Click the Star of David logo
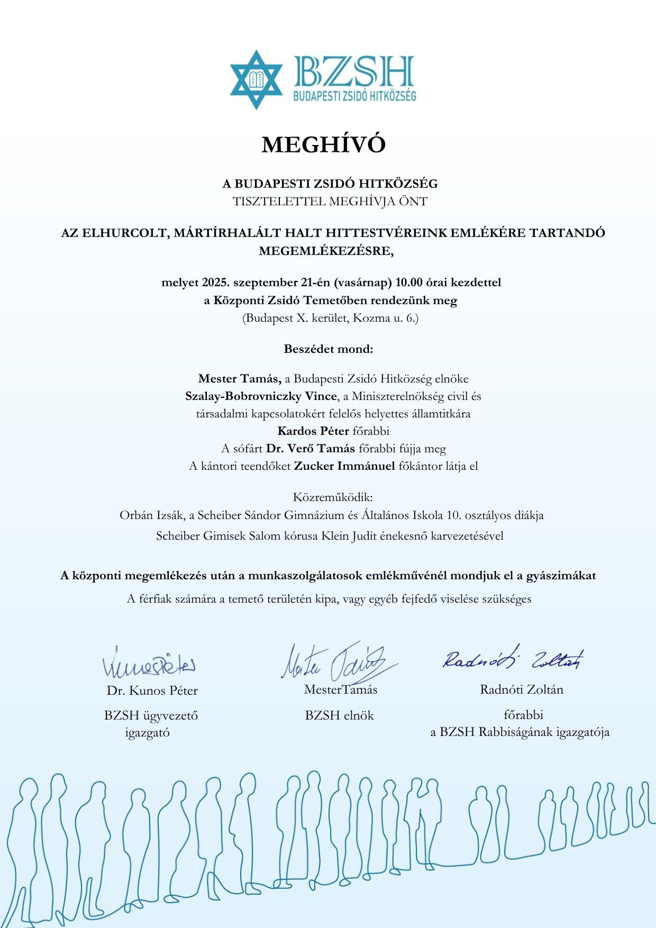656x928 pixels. (256, 79)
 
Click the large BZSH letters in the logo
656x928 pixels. (353, 72)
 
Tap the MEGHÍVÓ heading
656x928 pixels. (323, 144)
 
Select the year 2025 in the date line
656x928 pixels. (215, 283)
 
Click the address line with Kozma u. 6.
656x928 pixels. (330, 319)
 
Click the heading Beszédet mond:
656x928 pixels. (329, 349)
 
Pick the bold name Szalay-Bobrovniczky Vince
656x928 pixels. (261, 396)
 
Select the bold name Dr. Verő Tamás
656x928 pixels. (311, 449)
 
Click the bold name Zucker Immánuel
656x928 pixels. (344, 466)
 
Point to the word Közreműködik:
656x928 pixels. (333, 497)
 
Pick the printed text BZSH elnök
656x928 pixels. (339, 716)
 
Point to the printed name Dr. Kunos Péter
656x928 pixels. (152, 690)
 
